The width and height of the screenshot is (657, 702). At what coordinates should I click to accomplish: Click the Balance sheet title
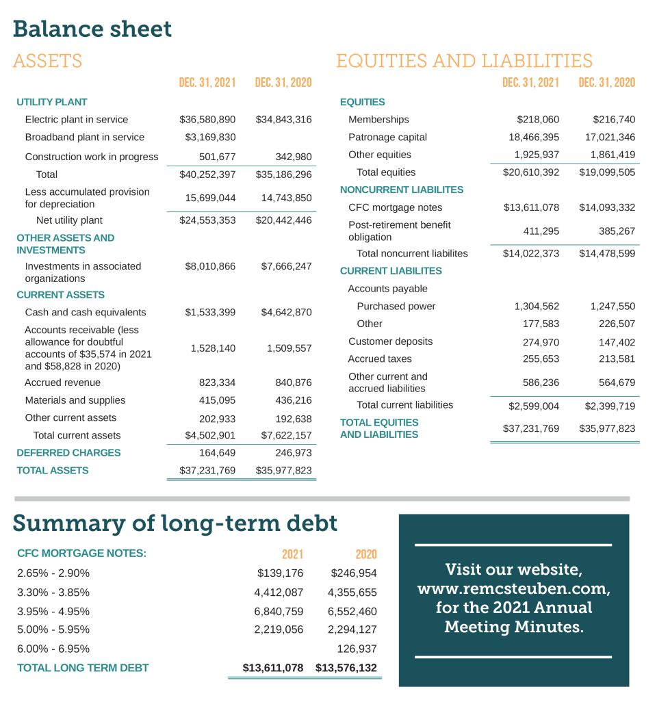click(x=92, y=29)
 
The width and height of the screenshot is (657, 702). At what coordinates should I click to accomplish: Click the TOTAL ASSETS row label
click(x=53, y=471)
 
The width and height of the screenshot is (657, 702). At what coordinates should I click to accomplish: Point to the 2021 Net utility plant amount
click(x=207, y=220)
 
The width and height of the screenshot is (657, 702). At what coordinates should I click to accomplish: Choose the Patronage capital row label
click(x=387, y=138)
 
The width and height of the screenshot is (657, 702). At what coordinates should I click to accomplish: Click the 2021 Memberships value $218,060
click(x=538, y=120)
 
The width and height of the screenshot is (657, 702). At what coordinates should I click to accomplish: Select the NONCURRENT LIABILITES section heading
click(x=402, y=190)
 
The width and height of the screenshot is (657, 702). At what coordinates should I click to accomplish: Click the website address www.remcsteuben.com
click(x=513, y=588)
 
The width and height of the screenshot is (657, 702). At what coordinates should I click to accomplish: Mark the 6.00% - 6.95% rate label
click(x=53, y=649)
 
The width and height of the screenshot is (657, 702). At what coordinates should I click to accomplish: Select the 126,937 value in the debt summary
click(x=357, y=649)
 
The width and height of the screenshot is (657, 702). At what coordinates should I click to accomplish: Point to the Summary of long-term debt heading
click(x=175, y=523)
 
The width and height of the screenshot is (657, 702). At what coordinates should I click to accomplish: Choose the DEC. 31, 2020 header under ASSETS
click(x=283, y=83)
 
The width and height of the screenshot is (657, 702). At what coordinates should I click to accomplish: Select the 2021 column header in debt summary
click(x=292, y=554)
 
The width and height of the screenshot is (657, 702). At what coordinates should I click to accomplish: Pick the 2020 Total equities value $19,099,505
click(x=606, y=172)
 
